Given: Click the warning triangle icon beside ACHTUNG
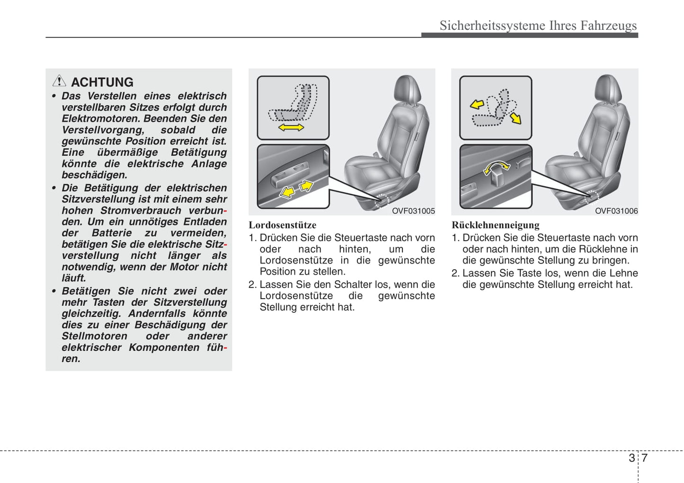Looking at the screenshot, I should (59, 81).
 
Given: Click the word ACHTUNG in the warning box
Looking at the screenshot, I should (102, 82).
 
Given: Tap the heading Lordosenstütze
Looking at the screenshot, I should (283, 225).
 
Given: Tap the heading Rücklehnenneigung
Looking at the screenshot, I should (495, 225).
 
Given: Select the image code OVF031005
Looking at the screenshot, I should (413, 211).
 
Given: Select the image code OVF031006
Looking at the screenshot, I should (616, 211).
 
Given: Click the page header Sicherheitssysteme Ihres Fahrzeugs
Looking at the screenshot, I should (538, 25).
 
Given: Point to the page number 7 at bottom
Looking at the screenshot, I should (644, 458).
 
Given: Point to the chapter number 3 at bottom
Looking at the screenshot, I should (631, 458).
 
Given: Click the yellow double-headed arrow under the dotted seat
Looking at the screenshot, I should (291, 128).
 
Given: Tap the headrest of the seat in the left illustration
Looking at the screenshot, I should (408, 89).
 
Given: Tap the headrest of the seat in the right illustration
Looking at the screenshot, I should (608, 89).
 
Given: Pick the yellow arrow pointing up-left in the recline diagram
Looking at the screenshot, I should (477, 104).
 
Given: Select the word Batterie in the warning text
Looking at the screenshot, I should (112, 233).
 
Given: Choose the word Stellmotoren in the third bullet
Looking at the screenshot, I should (94, 336).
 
